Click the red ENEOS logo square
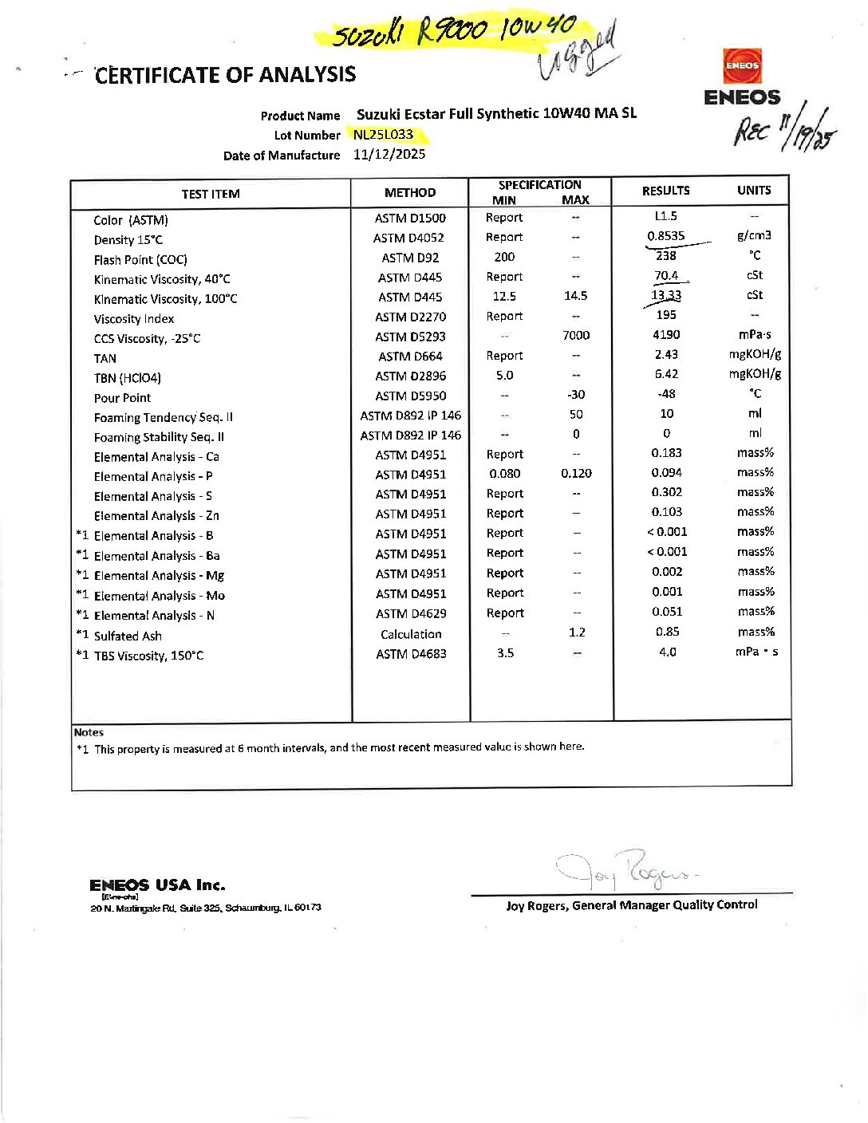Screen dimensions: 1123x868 (x=742, y=65)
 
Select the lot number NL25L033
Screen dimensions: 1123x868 (x=384, y=135)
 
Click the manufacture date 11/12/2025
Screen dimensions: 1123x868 (x=389, y=154)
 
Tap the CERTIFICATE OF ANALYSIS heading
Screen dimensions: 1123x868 (x=226, y=75)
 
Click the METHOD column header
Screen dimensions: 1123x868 (x=410, y=192)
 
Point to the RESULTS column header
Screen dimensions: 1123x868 (x=665, y=191)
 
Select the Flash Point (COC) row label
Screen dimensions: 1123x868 (x=140, y=260)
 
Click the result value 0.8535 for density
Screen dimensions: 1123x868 (x=665, y=236)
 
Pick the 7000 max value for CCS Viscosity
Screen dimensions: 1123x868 (x=575, y=336)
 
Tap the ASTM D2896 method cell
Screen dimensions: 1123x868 (x=411, y=376)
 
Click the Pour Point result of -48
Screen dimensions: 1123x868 (x=666, y=394)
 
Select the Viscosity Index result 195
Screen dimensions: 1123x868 (x=666, y=315)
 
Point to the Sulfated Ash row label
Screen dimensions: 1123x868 (x=128, y=636)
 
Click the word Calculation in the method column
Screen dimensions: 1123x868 (x=411, y=634)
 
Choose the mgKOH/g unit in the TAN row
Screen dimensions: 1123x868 (x=755, y=354)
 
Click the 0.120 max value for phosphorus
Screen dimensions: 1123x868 (x=576, y=474)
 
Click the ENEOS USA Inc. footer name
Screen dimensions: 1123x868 (x=157, y=885)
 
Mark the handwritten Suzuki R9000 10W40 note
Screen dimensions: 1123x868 (x=454, y=31)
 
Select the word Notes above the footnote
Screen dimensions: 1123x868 (x=89, y=732)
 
